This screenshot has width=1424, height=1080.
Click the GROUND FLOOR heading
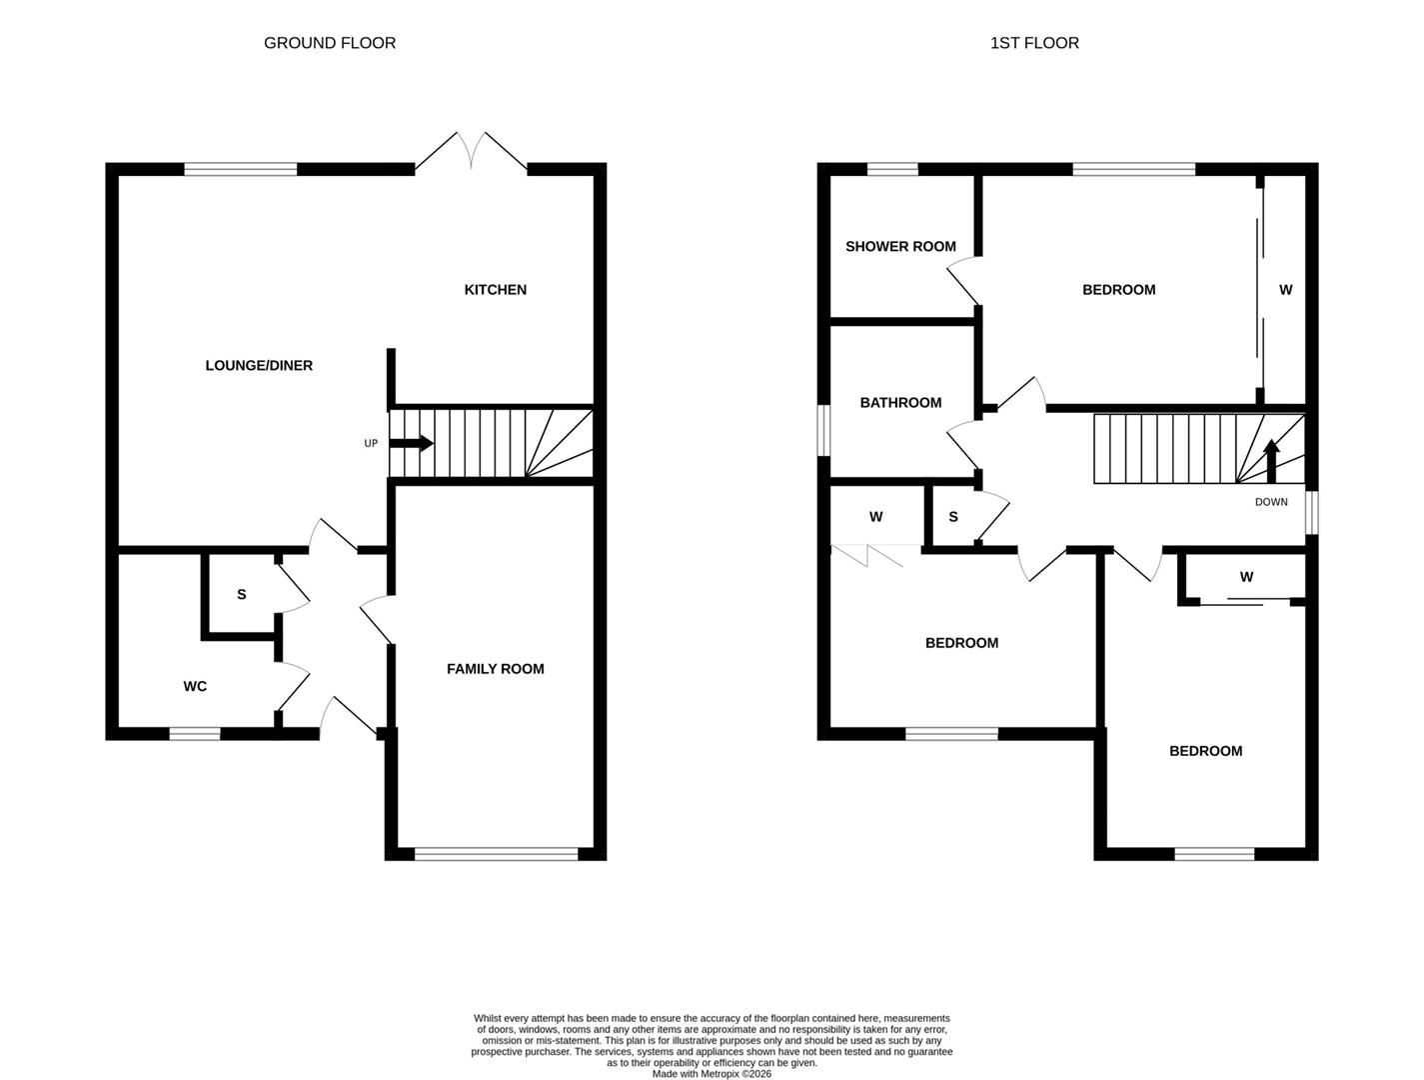(330, 43)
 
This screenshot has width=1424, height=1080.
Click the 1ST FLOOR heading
(1034, 43)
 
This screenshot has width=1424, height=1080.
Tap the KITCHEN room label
(495, 290)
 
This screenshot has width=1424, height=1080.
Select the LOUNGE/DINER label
(259, 366)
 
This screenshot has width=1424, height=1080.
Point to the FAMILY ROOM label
(495, 669)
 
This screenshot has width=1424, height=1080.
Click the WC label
(195, 686)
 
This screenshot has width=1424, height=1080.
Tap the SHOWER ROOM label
(900, 247)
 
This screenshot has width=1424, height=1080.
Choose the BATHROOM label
(900, 403)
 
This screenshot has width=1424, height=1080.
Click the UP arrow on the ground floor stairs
(413, 443)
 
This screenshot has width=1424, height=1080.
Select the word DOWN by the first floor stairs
(1271, 502)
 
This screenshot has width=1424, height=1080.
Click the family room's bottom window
(496, 854)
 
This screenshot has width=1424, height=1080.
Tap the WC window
(195, 734)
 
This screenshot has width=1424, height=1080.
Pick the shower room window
(892, 169)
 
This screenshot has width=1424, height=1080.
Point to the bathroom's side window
(823, 430)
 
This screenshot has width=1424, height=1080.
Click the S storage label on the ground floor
(241, 595)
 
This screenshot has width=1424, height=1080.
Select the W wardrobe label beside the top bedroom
(1285, 290)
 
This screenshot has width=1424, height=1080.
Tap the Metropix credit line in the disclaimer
(712, 1074)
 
